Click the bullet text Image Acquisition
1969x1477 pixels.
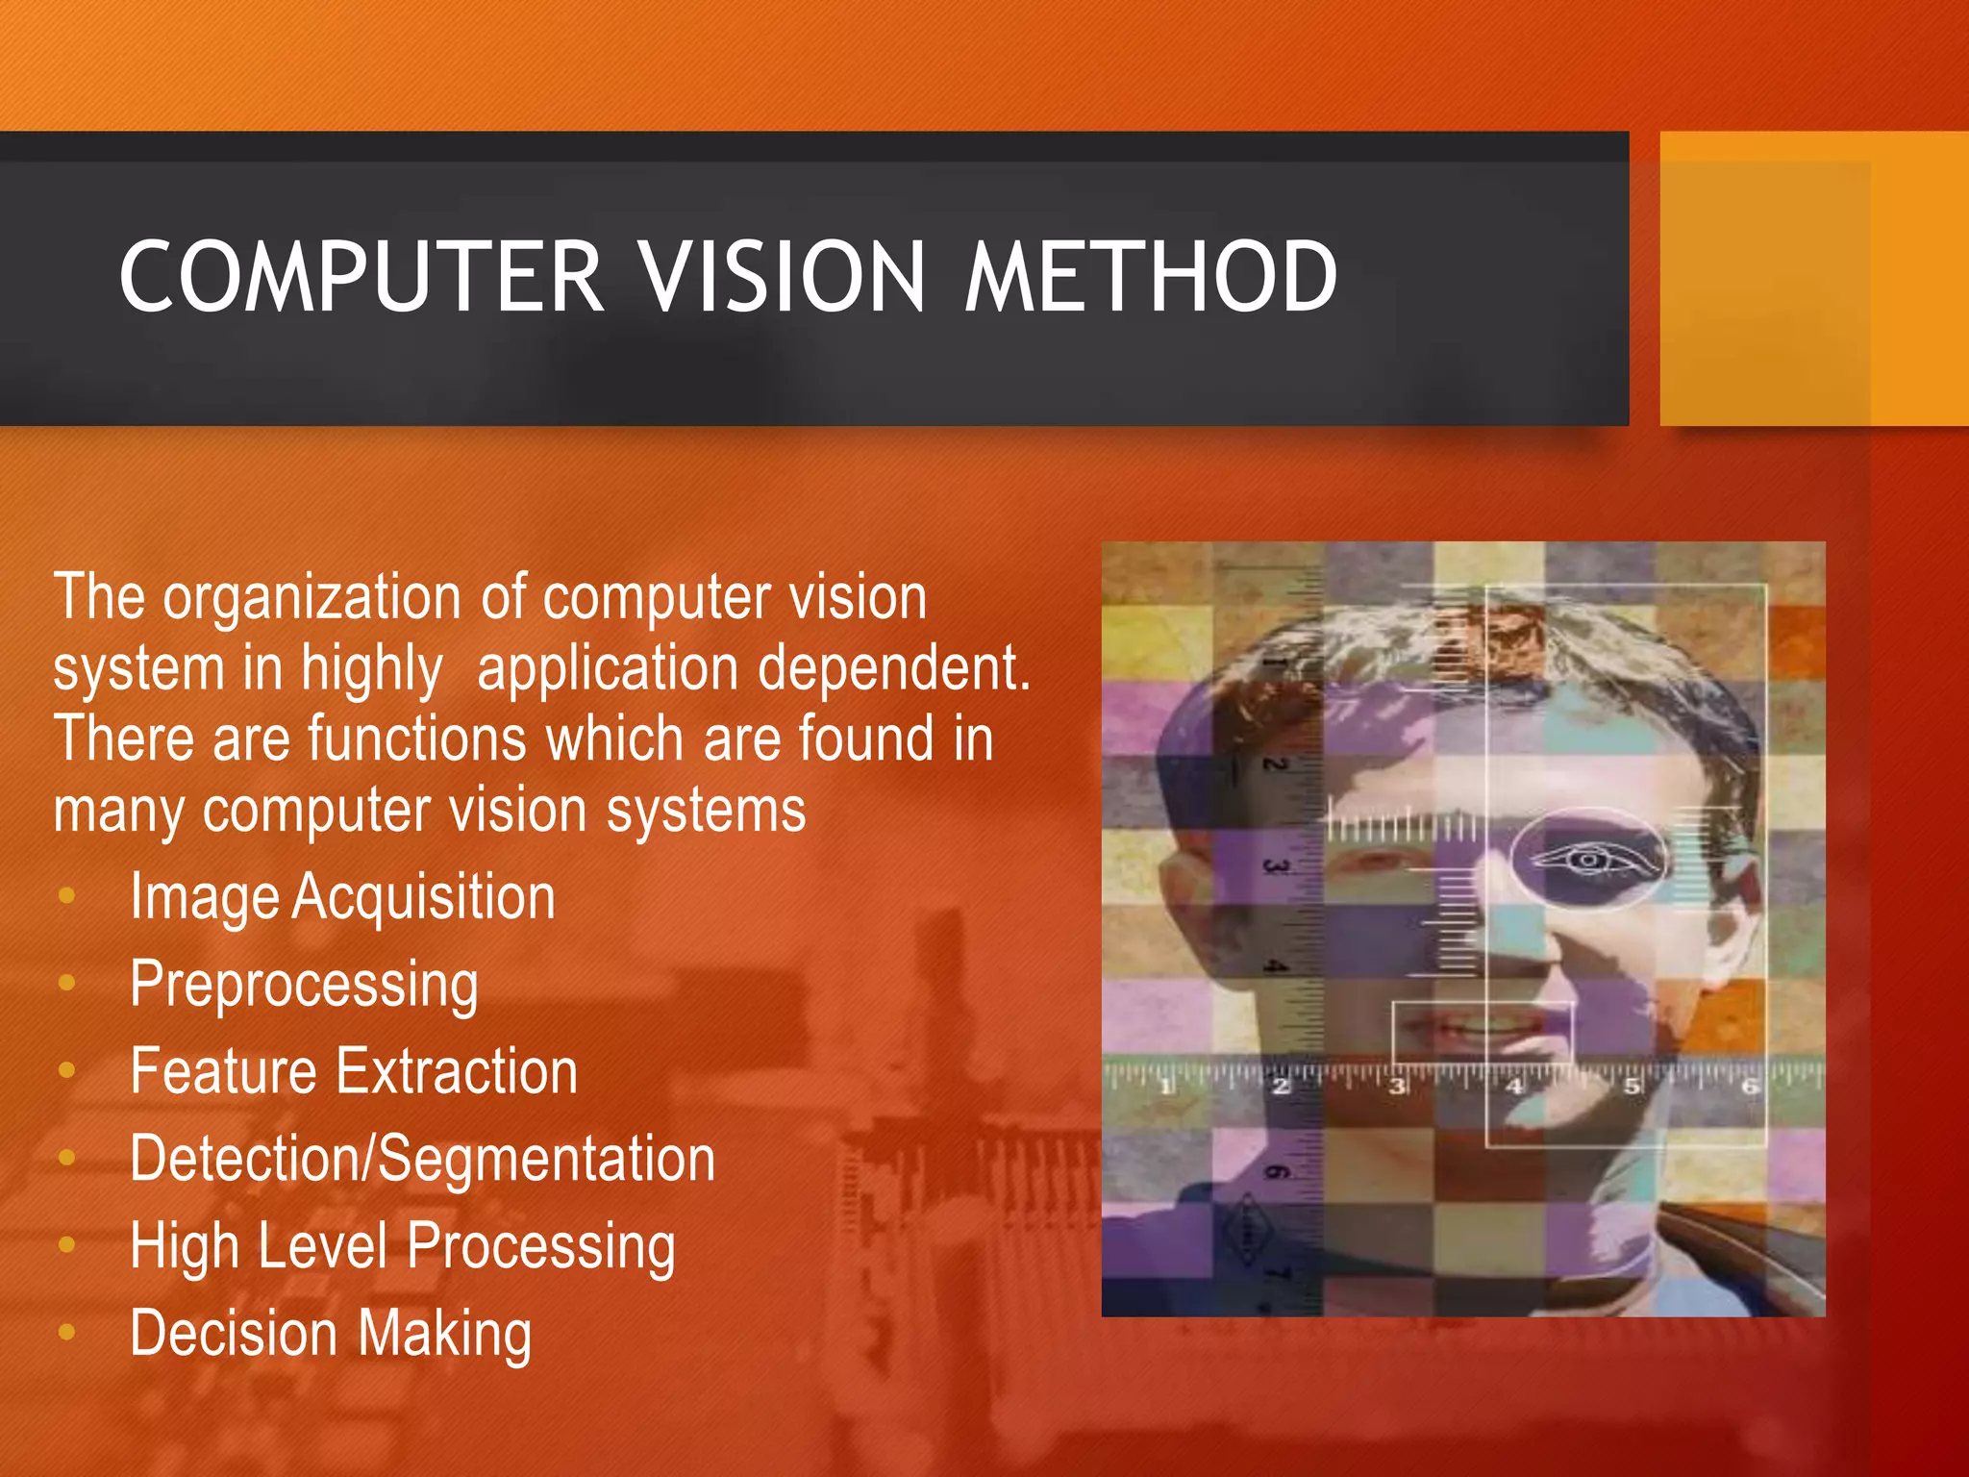click(x=342, y=897)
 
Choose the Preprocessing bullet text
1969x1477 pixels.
click(x=304, y=985)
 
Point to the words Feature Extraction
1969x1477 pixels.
click(x=354, y=1071)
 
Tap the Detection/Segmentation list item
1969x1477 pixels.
click(x=422, y=1159)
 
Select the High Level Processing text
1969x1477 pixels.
click(x=402, y=1246)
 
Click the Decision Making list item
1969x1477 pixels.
click(x=331, y=1334)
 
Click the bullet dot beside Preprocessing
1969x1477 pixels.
click(x=66, y=983)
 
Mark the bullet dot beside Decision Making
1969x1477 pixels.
click(x=66, y=1332)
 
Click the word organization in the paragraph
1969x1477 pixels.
click(x=312, y=599)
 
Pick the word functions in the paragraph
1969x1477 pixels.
click(x=417, y=738)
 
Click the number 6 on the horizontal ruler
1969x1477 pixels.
click(x=1750, y=1087)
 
